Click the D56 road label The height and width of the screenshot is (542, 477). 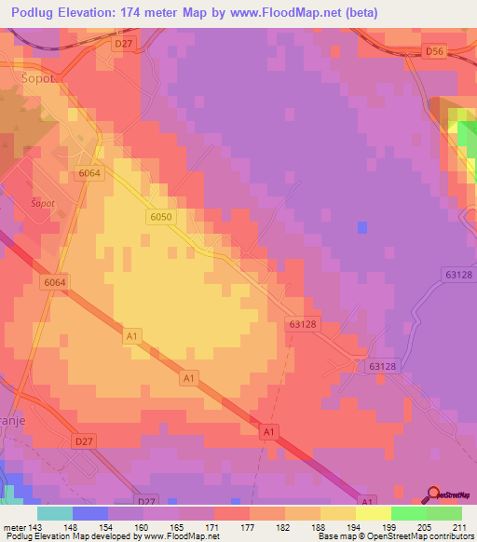[433, 53]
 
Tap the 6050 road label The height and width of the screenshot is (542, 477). [159, 216]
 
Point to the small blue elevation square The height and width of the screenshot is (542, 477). [361, 226]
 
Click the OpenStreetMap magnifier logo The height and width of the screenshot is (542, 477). [434, 495]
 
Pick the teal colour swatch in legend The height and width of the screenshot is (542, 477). [55, 512]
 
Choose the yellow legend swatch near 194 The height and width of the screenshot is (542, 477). [337, 512]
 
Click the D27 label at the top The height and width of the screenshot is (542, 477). [122, 44]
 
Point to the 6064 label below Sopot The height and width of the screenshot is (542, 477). [89, 173]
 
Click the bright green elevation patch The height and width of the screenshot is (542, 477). [466, 135]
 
